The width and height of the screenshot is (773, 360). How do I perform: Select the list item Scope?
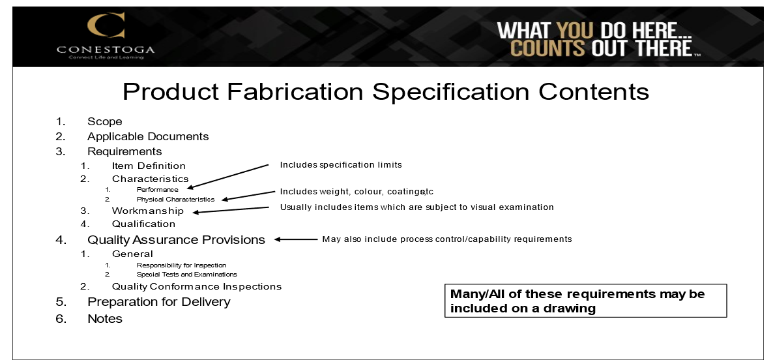tap(105, 121)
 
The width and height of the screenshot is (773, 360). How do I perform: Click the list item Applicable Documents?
tap(148, 136)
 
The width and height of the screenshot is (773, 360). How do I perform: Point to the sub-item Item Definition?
tap(149, 166)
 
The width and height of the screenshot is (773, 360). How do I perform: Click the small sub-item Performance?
tap(157, 189)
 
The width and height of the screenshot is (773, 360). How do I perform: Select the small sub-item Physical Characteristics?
tap(175, 199)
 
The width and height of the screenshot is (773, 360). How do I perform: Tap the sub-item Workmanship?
tap(147, 211)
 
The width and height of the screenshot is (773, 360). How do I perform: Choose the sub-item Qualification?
tap(143, 224)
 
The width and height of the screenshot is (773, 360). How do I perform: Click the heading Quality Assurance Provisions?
tap(176, 239)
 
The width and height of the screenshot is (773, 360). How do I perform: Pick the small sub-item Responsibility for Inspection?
tap(181, 265)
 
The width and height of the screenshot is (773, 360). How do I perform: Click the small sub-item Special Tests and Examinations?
tap(186, 275)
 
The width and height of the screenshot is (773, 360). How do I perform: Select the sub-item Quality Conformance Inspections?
tap(197, 286)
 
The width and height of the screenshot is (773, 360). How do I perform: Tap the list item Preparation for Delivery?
tap(158, 302)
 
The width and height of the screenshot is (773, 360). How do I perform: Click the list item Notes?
tap(105, 319)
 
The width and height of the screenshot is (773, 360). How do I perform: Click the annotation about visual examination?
tap(416, 207)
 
